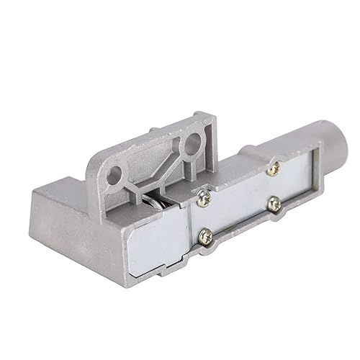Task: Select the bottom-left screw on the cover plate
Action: tap(206, 234)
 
